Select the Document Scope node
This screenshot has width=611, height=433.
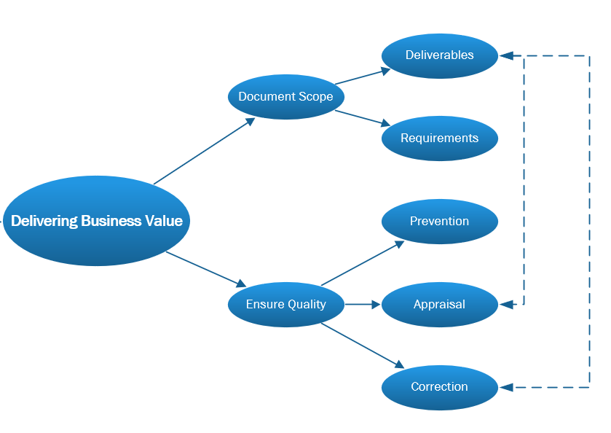pyautogui.click(x=285, y=97)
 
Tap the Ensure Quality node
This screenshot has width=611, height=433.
pyautogui.click(x=285, y=305)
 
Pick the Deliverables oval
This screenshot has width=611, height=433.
pyautogui.click(x=439, y=55)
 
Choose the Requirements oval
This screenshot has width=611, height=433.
pyautogui.click(x=439, y=139)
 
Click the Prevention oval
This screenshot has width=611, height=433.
pyautogui.click(x=439, y=222)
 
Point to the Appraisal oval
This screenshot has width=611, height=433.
pyautogui.click(x=439, y=305)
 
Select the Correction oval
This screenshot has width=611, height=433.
pyautogui.click(x=439, y=387)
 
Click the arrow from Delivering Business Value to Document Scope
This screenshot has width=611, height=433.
pyautogui.click(x=204, y=151)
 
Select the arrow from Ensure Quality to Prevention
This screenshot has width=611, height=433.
pyautogui.click(x=363, y=263)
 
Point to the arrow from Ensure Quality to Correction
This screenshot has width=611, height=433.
pyautogui.click(x=363, y=345)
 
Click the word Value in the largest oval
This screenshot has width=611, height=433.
pyautogui.click(x=164, y=221)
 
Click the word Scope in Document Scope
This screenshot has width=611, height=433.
pyautogui.click(x=315, y=97)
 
